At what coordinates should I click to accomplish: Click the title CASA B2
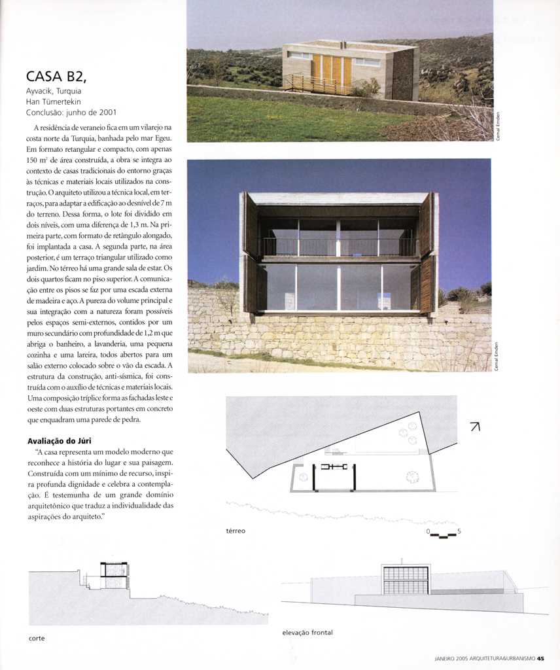(x=60, y=77)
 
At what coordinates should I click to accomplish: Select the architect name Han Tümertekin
(x=58, y=101)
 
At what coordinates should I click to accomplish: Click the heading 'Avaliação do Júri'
(x=60, y=441)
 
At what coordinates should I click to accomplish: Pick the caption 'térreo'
(x=236, y=531)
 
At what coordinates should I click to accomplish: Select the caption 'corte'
(x=37, y=638)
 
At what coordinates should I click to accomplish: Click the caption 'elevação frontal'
(x=307, y=633)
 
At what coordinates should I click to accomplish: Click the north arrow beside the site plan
(x=475, y=427)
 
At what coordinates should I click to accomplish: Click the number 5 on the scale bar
(x=459, y=531)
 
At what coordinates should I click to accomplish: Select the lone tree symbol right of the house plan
(x=411, y=476)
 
